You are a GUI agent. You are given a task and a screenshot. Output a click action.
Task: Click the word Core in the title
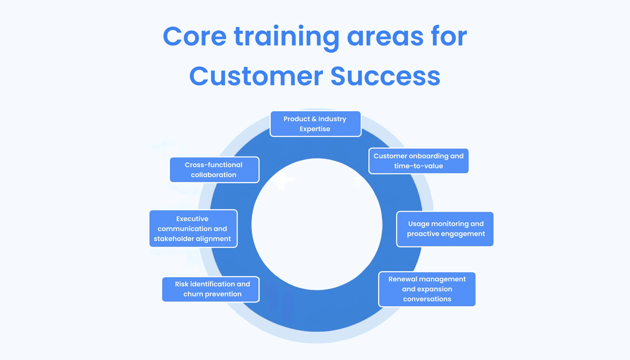[x=194, y=37]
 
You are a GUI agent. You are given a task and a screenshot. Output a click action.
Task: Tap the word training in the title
[x=286, y=37]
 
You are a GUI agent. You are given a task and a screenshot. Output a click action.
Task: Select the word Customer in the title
[x=256, y=76]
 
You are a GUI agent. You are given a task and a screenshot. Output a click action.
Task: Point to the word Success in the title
[x=385, y=76]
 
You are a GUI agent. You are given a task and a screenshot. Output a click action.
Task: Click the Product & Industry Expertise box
[x=315, y=124]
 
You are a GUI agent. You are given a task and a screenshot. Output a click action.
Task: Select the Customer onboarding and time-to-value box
[x=418, y=161]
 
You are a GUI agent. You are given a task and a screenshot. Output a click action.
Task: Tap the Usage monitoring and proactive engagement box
[x=445, y=229]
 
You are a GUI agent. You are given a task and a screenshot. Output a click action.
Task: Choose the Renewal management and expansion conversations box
[x=427, y=289]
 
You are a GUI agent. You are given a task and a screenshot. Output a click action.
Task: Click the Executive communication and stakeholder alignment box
[x=193, y=229]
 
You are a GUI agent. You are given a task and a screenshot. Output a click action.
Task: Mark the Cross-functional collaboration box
[x=214, y=170]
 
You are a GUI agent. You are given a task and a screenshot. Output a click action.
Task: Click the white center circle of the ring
[x=317, y=224]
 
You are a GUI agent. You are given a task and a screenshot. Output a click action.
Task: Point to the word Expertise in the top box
[x=315, y=129]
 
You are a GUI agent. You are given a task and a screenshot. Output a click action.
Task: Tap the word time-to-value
[x=418, y=166]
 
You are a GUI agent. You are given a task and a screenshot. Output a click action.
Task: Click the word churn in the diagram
[x=193, y=294]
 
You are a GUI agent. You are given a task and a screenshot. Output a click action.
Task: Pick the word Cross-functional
[x=213, y=165]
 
